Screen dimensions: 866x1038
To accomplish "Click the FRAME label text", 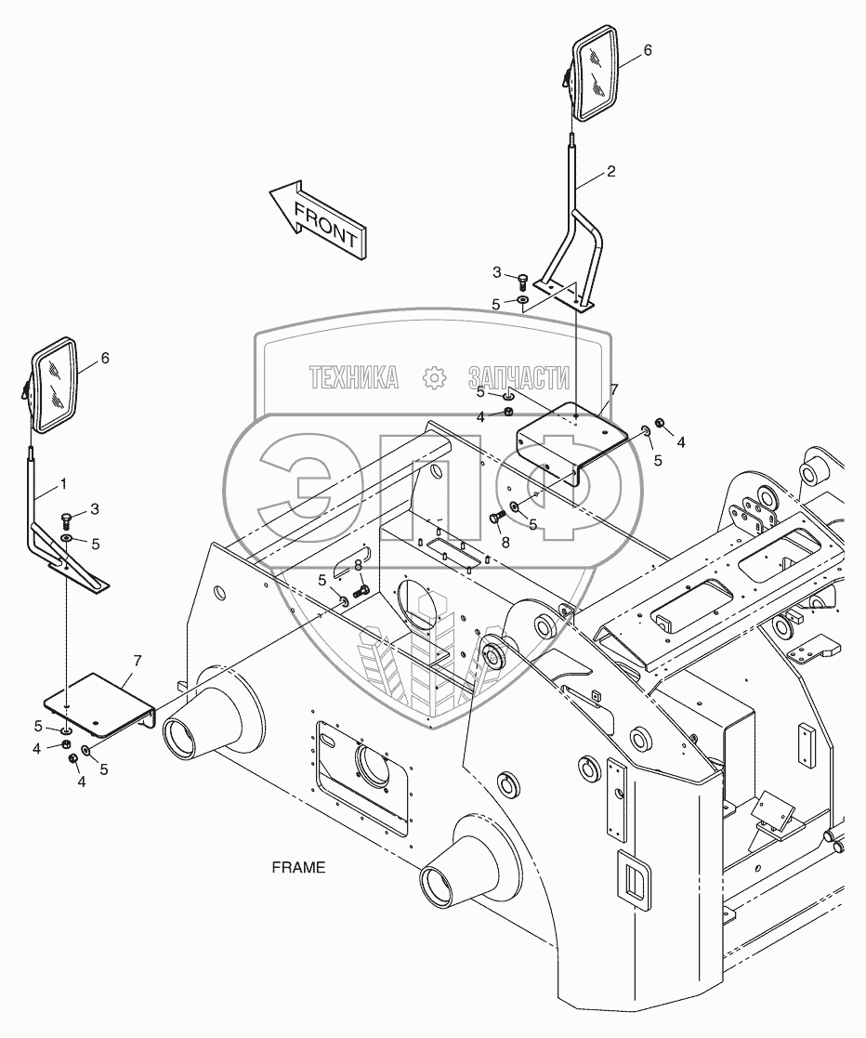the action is [x=298, y=867].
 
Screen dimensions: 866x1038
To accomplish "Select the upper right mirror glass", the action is [x=596, y=74].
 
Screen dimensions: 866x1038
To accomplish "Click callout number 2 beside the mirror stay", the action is [x=611, y=172].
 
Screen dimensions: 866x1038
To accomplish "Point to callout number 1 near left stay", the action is [x=63, y=484].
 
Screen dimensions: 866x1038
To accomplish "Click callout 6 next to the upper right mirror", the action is [x=648, y=49].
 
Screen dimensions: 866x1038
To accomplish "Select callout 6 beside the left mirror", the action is [x=105, y=358].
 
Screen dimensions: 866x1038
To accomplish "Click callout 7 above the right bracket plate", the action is [x=614, y=389].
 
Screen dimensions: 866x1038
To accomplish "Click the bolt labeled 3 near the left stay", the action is [x=66, y=518].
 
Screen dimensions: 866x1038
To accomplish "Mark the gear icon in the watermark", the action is [x=434, y=378].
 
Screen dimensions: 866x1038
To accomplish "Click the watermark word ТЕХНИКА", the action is [x=354, y=378].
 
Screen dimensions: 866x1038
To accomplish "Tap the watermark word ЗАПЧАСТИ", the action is [x=518, y=378].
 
